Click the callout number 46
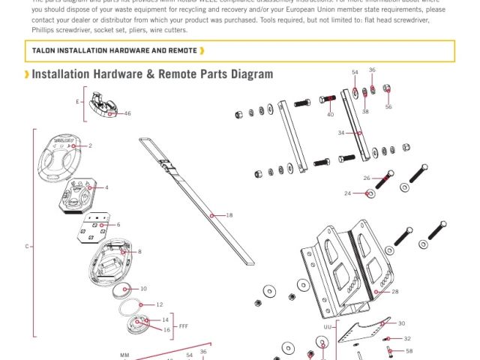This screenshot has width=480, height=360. click(127, 114)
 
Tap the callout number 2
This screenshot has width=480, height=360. click(90, 145)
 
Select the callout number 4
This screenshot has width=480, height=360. click(106, 187)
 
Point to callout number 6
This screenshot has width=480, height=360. click(118, 224)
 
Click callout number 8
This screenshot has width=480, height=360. click(139, 252)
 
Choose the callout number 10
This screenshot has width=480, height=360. click(143, 289)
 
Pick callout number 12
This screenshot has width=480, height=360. click(159, 304)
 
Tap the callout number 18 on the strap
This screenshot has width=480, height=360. click(229, 215)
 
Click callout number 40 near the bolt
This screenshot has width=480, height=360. click(330, 115)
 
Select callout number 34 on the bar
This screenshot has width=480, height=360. click(341, 133)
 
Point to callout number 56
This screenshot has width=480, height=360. click(388, 107)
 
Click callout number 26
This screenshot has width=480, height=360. click(367, 178)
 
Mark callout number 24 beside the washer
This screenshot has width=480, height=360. click(348, 193)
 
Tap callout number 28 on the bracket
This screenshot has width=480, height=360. click(395, 292)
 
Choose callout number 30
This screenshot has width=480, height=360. click(401, 323)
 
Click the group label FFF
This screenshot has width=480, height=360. click(184, 326)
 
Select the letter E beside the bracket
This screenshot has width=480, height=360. click(76, 100)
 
